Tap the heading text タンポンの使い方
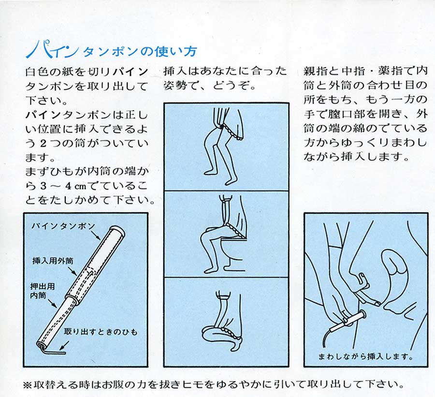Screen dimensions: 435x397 (x=140, y=52)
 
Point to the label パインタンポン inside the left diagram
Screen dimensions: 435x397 (x=63, y=226)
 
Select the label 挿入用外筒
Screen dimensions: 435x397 (x=53, y=261)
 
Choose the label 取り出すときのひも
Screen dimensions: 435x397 (x=101, y=332)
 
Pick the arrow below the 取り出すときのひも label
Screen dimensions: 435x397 (x=64, y=345)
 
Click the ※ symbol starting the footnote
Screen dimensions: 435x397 (x=29, y=385)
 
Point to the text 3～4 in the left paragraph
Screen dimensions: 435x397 (x=56, y=186)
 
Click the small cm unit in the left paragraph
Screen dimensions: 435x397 (x=80, y=187)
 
